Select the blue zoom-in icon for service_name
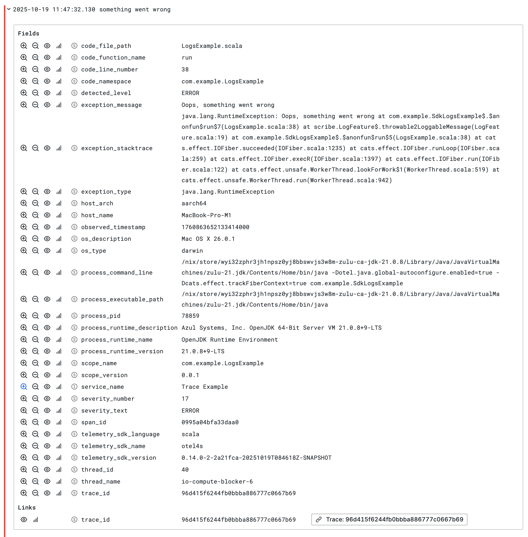pyautogui.click(x=24, y=386)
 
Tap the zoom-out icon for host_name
pyautogui.click(x=35, y=215)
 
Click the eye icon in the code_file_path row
pyautogui.click(x=47, y=45)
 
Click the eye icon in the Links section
pyautogui.click(x=24, y=520)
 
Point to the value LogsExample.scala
pyautogui.click(x=211, y=46)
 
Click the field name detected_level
pyautogui.click(x=106, y=93)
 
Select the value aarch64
pyautogui.click(x=194, y=203)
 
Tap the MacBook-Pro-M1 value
pyautogui.click(x=206, y=215)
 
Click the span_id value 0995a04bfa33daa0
pyautogui.click(x=210, y=422)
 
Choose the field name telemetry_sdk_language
pyautogui.click(x=120, y=434)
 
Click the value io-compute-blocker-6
pyautogui.click(x=217, y=481)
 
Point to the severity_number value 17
pyautogui.click(x=185, y=398)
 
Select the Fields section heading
pyautogui.click(x=28, y=34)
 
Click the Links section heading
pyautogui.click(x=27, y=507)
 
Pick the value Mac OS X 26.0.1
pyautogui.click(x=208, y=239)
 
